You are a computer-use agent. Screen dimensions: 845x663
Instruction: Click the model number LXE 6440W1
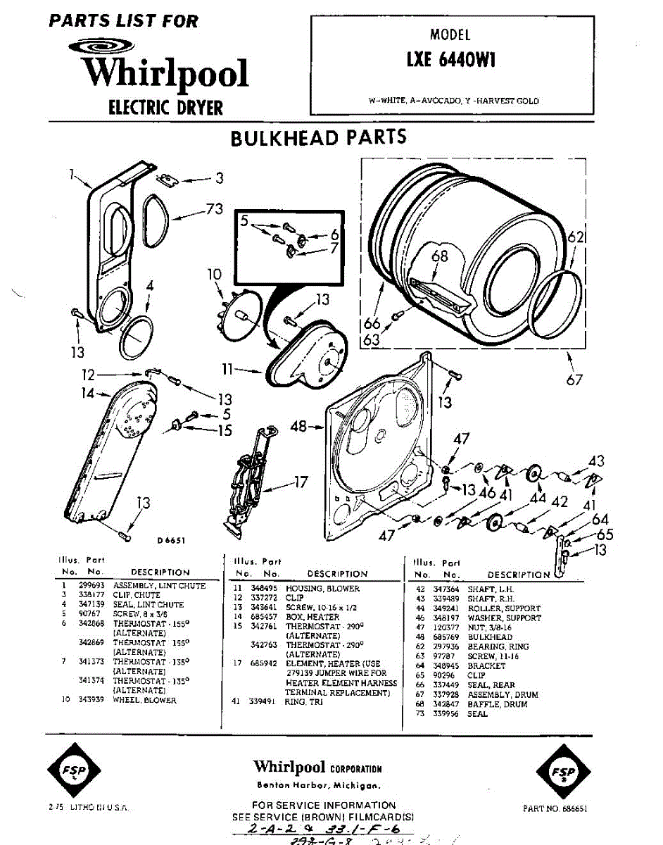pyautogui.click(x=451, y=61)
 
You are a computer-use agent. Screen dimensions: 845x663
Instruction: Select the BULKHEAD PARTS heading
pyautogui.click(x=319, y=137)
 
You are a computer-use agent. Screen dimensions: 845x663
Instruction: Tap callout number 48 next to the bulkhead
pyautogui.click(x=300, y=425)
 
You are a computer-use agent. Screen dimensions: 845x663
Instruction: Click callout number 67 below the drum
pyautogui.click(x=574, y=380)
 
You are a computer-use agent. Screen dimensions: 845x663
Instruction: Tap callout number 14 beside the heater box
pyautogui.click(x=87, y=394)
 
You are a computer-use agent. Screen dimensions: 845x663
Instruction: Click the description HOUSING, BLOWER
pyautogui.click(x=322, y=589)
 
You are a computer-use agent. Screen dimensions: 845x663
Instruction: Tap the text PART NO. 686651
pyautogui.click(x=555, y=809)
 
